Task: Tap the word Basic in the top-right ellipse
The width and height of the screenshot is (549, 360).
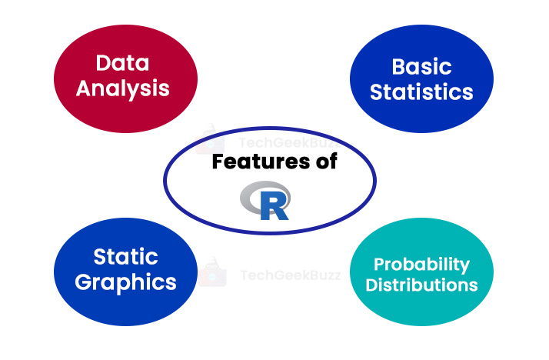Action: point(421,66)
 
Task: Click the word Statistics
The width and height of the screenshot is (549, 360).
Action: point(421,92)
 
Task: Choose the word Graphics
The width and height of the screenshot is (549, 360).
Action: point(125,282)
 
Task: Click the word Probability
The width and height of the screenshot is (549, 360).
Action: point(421,264)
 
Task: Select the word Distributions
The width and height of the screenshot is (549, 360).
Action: point(421,285)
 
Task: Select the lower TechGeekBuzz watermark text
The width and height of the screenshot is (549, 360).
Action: point(288,275)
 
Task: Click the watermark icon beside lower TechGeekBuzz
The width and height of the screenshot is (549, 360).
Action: point(211,274)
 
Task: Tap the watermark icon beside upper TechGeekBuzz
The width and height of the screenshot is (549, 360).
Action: point(210,139)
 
